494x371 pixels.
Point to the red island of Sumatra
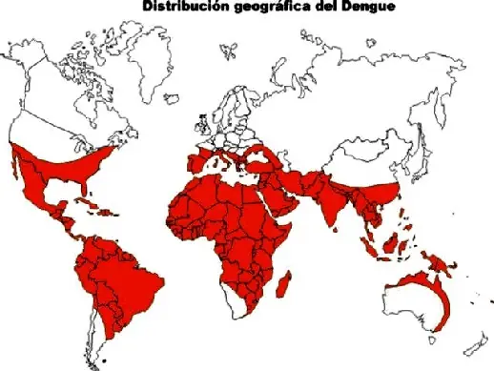[374, 243]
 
